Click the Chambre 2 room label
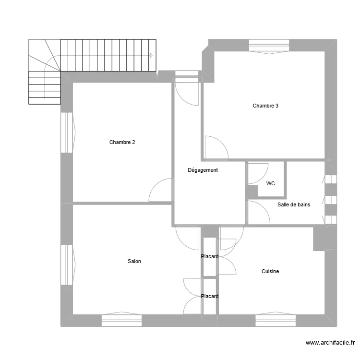coord(122,142)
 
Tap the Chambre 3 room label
coord(265,106)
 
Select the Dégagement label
coord(203,170)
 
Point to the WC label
coord(271,183)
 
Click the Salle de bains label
coord(294,204)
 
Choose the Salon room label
coord(134,261)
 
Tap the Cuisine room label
coord(270,271)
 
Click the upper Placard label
coord(210,257)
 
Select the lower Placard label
coord(210,296)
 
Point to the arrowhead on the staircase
coord(151,55)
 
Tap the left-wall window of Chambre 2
coord(67,133)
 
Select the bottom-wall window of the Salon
coord(122,320)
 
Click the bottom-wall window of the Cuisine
coord(276,320)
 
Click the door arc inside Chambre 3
coord(216,148)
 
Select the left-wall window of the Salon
coord(67,264)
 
